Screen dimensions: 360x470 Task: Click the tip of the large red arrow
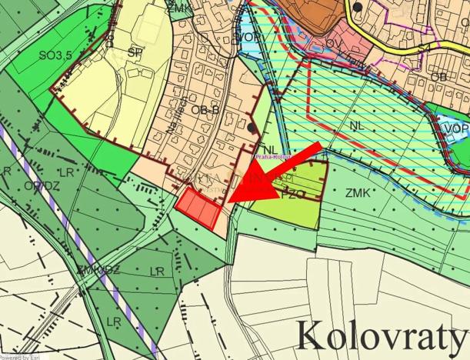point(228,202)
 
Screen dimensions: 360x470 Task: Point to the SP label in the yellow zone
point(135,52)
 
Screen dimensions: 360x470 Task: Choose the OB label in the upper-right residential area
point(438,78)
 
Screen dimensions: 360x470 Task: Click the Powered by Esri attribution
point(22,357)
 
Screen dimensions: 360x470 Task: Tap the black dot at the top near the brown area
point(358,8)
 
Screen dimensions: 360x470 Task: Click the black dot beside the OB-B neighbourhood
point(253,127)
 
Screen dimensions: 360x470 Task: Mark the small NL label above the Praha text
point(269,149)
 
